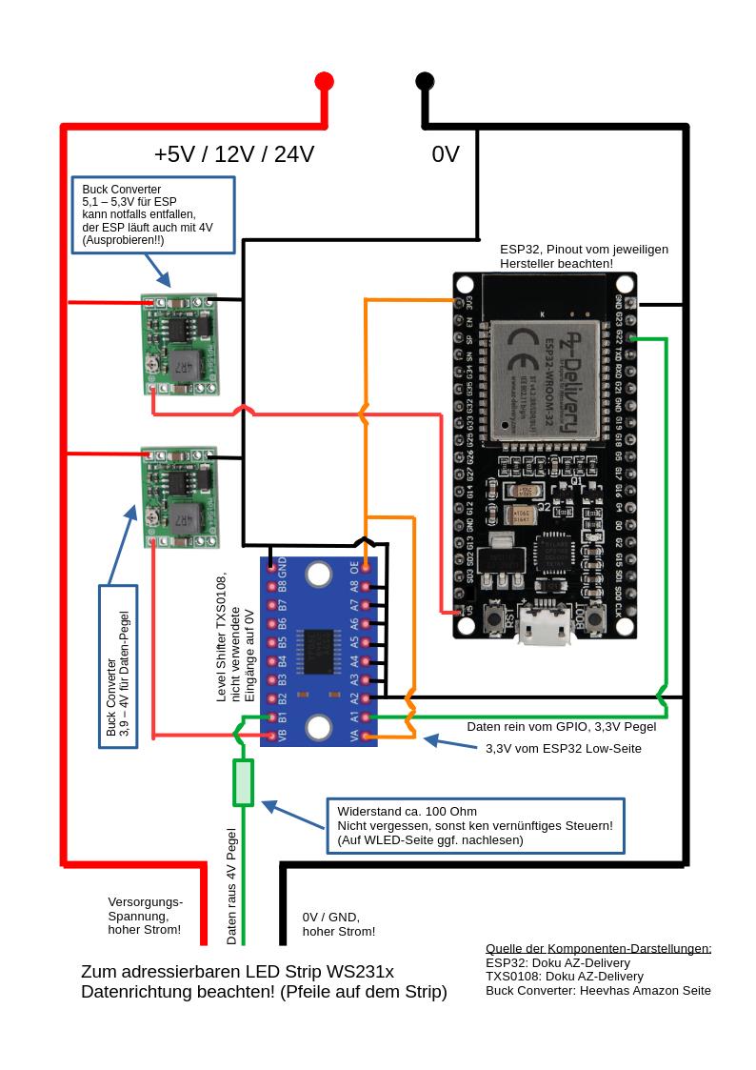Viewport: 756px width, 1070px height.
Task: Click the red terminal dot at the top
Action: point(324,81)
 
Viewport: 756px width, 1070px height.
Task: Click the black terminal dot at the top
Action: point(425,81)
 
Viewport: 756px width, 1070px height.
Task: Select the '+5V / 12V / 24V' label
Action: point(234,154)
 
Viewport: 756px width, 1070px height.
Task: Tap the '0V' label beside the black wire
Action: point(446,154)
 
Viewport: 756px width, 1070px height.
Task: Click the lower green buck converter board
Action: point(178,496)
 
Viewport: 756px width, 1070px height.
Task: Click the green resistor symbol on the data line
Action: point(244,783)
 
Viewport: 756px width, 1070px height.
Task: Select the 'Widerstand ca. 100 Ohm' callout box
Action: point(475,825)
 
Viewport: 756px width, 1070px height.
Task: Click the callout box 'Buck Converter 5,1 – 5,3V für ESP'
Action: point(153,214)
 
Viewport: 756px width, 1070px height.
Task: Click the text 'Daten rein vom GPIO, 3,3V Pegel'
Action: point(561,727)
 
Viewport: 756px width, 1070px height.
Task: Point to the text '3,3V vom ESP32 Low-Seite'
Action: point(564,749)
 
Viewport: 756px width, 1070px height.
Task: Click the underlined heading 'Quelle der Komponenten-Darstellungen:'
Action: point(598,949)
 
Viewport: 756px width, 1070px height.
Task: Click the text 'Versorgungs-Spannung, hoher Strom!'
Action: point(145,916)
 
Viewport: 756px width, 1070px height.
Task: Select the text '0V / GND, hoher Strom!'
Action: point(338,924)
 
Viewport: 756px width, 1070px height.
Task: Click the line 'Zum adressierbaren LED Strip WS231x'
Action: point(237,972)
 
